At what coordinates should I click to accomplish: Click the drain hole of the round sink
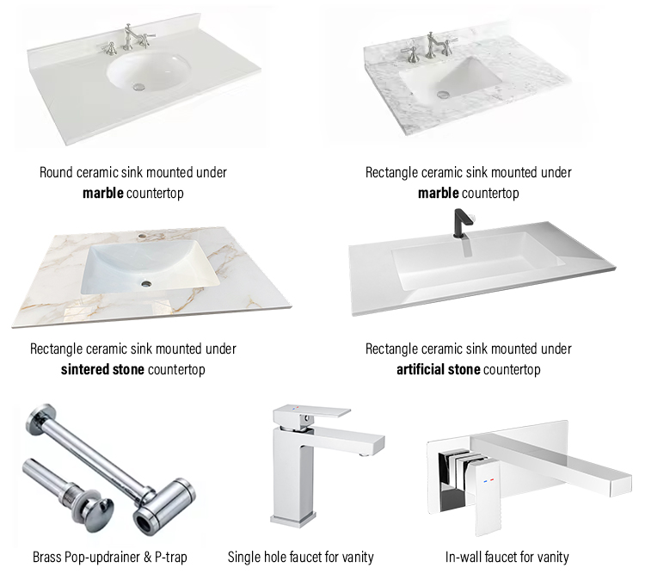[x=137, y=85]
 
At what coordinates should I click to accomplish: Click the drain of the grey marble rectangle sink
[x=442, y=93]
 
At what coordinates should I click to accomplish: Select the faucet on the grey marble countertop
[x=430, y=46]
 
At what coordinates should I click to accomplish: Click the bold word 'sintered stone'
[x=102, y=370]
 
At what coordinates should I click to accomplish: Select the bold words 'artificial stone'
[x=439, y=370]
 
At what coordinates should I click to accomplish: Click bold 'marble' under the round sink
[x=103, y=193]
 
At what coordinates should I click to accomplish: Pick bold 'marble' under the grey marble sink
[x=439, y=193]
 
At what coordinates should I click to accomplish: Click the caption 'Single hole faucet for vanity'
[x=300, y=557]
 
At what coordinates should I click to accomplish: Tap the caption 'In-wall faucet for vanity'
[x=507, y=557]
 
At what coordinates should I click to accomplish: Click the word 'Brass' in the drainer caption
[x=47, y=557]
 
